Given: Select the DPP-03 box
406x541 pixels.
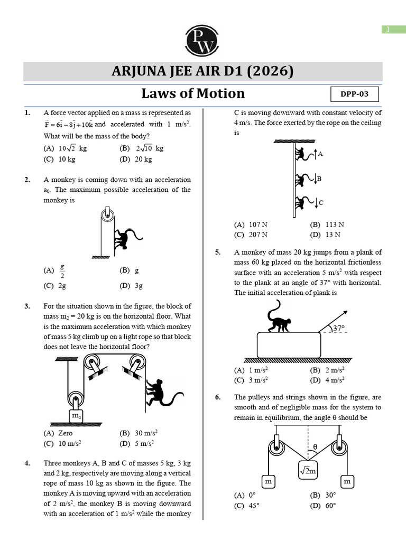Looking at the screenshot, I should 355,95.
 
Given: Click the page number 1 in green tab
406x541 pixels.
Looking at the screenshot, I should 393,30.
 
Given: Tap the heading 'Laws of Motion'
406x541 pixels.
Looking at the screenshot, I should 193,94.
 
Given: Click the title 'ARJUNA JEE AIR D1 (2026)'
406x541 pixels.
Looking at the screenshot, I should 202,71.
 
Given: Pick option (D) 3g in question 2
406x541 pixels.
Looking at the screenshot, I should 131,286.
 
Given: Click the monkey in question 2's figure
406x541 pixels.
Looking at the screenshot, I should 125,239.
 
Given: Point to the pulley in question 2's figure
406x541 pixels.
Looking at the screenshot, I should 107,215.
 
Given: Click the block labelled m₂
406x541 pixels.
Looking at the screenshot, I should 76,416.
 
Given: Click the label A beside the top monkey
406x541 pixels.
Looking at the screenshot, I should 320,154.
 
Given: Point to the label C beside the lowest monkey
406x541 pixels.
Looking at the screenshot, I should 321,202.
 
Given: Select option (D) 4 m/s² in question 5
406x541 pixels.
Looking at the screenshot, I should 327,380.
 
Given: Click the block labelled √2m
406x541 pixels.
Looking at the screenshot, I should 308,469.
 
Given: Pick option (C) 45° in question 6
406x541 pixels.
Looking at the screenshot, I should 245,505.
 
